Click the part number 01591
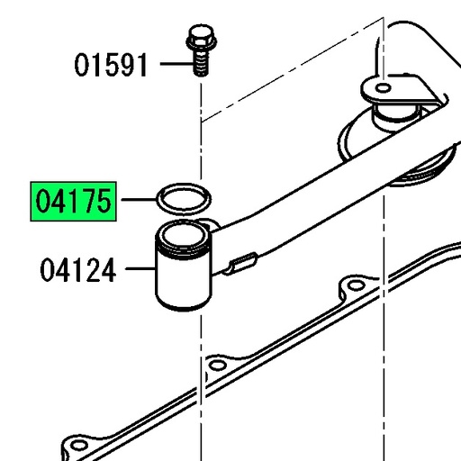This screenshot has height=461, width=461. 112,66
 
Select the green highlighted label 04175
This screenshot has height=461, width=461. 75,203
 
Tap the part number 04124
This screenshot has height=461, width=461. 78,269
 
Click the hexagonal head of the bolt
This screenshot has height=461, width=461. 197,40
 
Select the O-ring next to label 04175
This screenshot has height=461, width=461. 185,196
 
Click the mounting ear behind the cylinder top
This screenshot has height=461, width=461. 210,224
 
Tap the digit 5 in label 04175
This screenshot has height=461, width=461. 104,203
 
